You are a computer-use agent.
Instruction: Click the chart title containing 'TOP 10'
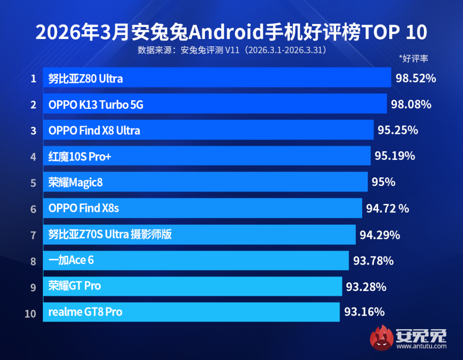point(231,33)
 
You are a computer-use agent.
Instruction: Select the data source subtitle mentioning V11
point(232,50)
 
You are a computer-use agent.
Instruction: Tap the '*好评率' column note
point(413,59)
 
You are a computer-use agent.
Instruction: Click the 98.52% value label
point(416,78)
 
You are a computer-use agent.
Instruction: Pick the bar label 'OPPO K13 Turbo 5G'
point(96,105)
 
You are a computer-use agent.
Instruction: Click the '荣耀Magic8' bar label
point(76,183)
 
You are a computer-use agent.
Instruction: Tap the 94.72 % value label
point(387,209)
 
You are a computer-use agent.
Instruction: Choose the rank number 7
point(33,235)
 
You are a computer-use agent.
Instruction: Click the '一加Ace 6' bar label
point(71,261)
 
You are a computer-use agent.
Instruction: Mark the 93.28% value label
point(366,287)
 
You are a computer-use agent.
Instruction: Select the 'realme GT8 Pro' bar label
point(85,312)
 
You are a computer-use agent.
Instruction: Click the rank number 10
point(30,314)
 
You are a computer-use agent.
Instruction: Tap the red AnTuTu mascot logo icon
point(381,337)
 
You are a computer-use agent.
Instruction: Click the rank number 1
point(33,79)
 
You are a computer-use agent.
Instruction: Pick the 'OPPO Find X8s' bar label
point(83,209)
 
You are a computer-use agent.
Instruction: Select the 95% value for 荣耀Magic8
point(383,182)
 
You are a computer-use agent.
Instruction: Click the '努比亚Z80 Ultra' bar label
point(85,79)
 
